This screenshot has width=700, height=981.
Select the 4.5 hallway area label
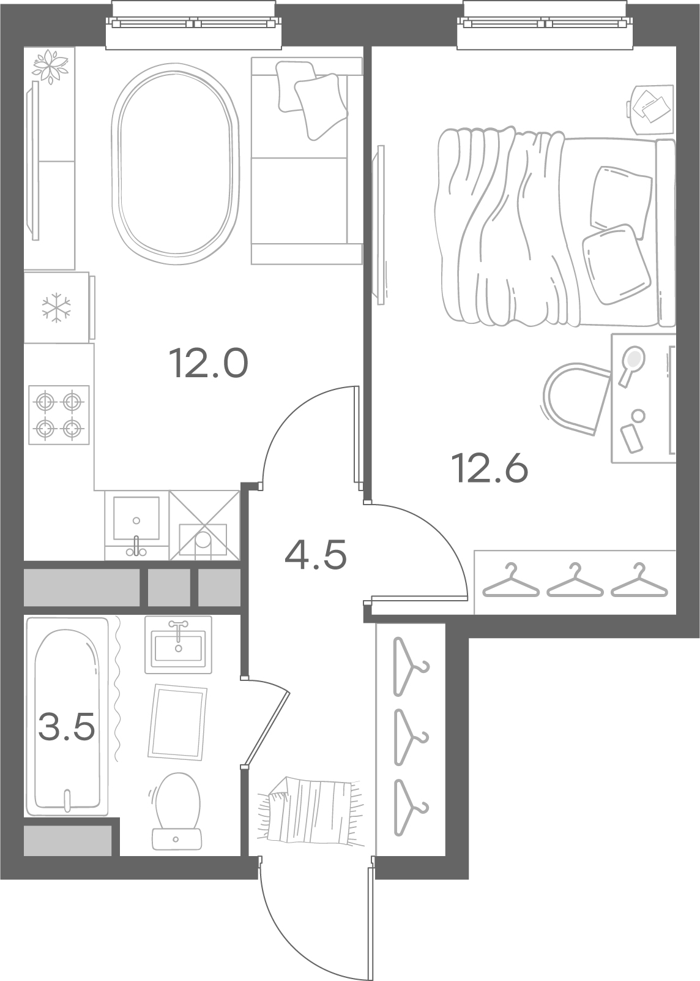(x=315, y=554)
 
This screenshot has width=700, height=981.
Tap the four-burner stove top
(x=59, y=415)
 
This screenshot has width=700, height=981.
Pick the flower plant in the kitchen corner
(x=51, y=66)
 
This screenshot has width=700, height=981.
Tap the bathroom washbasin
(x=179, y=644)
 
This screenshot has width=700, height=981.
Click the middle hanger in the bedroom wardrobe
(x=575, y=581)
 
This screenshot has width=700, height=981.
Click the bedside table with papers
(x=650, y=110)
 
